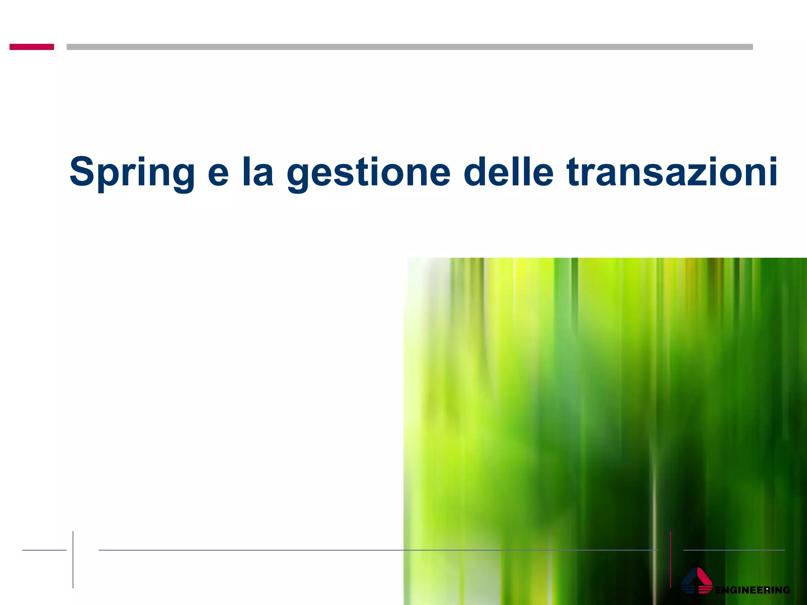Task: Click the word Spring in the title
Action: pos(132,172)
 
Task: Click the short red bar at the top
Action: pos(32,47)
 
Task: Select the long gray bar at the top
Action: pos(409,47)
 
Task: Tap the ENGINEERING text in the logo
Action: pos(752,590)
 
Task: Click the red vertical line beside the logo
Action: pos(671,559)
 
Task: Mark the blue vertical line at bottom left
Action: pos(73,559)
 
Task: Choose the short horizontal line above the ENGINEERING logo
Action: pos(734,550)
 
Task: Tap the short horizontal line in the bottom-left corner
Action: pos(44,550)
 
